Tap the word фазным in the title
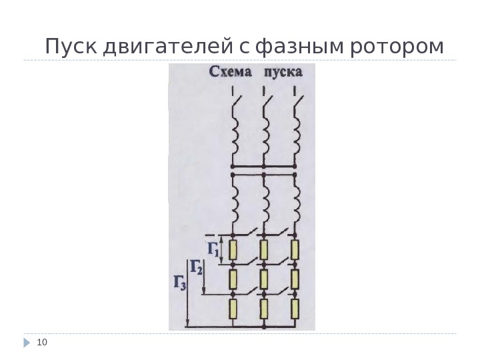(300, 48)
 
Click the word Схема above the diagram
(231, 72)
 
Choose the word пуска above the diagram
(283, 72)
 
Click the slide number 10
(43, 343)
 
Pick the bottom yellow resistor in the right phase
(295, 309)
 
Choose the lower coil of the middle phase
(265, 204)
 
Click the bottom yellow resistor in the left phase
(233, 309)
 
